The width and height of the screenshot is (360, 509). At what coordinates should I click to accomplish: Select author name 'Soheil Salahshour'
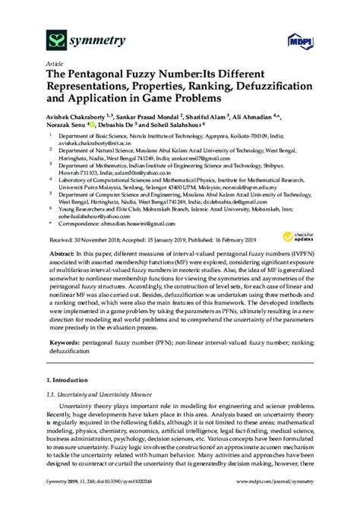[x=174, y=125]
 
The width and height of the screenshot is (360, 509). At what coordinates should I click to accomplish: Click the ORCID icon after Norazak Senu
[x=90, y=125]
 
